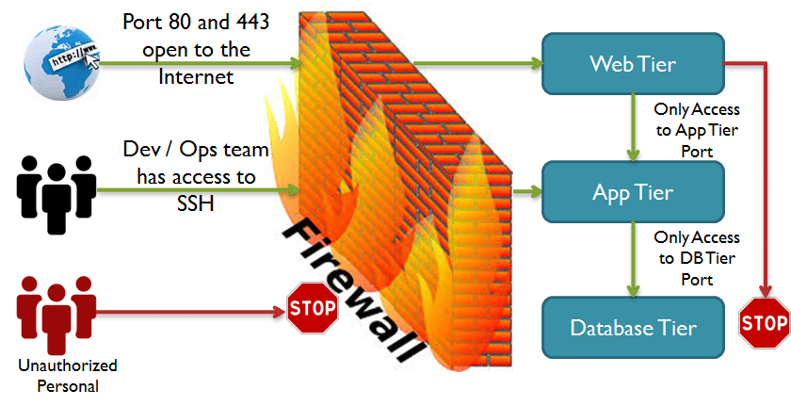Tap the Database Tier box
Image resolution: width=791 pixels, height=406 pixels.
[633, 328]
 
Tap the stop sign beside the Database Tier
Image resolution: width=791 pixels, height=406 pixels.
[764, 323]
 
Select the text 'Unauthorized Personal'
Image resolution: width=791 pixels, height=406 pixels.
[58, 375]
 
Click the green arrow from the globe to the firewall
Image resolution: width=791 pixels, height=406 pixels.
[198, 65]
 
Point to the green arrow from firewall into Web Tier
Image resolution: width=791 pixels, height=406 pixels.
[480, 64]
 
